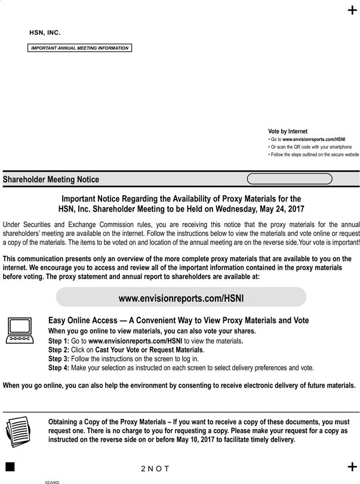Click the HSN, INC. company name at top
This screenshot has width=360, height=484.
pyautogui.click(x=45, y=32)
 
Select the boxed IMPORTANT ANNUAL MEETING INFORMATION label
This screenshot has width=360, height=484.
pyautogui.click(x=79, y=48)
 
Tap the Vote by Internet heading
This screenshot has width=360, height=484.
pyautogui.click(x=288, y=131)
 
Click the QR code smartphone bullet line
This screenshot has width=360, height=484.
pyautogui.click(x=310, y=146)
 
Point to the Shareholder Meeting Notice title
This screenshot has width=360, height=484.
pyautogui.click(x=51, y=179)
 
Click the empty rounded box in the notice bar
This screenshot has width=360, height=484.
pyautogui.click(x=290, y=179)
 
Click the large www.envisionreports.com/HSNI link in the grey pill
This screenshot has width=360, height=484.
pyautogui.click(x=181, y=298)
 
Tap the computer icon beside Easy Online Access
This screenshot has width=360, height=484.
pyautogui.click(x=20, y=330)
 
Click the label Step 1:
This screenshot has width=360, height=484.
pyautogui.click(x=59, y=341)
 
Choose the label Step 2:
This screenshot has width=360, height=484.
pyautogui.click(x=59, y=350)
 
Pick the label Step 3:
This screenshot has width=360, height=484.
pyautogui.click(x=59, y=359)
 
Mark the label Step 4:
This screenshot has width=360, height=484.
pyautogui.click(x=59, y=367)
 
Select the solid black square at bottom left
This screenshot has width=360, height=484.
pyautogui.click(x=10, y=466)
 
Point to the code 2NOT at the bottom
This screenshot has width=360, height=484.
pyautogui.click(x=155, y=468)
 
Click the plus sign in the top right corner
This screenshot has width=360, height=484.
pyautogui.click(x=352, y=10)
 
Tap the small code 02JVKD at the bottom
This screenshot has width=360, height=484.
pyautogui.click(x=53, y=481)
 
